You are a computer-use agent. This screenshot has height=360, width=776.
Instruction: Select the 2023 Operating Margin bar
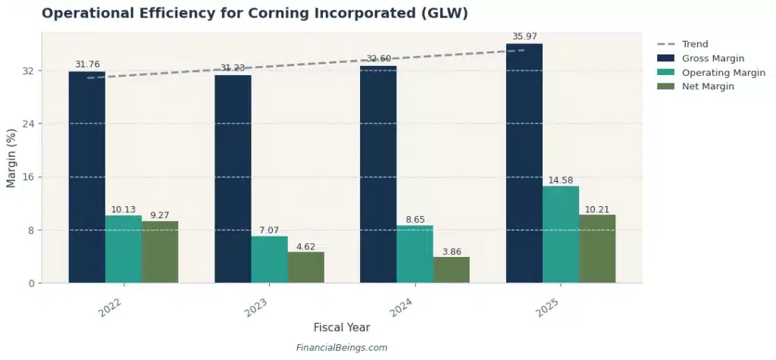tap(269, 259)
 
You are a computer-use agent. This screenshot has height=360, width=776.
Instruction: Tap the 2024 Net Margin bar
tap(451, 270)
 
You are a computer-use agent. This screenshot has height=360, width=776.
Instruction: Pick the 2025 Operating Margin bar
tap(561, 234)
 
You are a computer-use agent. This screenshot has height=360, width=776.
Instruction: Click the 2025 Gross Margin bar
tap(524, 163)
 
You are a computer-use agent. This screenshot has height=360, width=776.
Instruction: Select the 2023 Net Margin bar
tap(305, 267)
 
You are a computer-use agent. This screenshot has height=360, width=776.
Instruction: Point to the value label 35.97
tap(524, 36)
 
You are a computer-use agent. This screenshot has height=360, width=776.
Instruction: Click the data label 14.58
tap(561, 180)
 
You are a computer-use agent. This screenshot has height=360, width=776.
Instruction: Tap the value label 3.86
tap(451, 252)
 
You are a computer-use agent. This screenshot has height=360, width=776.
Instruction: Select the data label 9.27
tap(160, 215)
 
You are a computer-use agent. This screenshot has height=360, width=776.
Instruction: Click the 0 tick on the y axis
tap(33, 283)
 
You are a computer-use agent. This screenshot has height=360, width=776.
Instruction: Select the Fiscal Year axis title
tap(342, 327)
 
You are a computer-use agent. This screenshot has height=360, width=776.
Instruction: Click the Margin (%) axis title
tap(11, 158)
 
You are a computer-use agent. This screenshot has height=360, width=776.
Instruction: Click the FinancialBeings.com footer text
tap(341, 348)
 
